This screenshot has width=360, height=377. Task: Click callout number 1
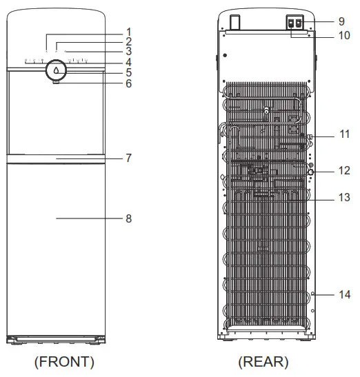tap(128, 31)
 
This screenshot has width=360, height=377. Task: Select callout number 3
tap(128, 52)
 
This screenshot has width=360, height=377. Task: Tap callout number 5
tap(128, 72)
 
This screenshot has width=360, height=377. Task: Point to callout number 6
tap(128, 83)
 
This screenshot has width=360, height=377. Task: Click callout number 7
tap(128, 158)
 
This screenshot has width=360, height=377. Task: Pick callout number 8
tap(128, 218)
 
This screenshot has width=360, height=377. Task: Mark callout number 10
tap(345, 34)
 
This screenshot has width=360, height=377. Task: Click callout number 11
tap(345, 134)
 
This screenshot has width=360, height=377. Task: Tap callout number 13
tap(345, 196)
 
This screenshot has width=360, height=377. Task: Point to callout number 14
tap(345, 294)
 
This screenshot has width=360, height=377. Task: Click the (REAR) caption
tap(263, 362)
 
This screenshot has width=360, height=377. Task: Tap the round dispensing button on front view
tap(57, 70)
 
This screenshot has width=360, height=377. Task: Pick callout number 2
tap(128, 41)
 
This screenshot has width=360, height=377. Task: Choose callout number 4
tap(128, 62)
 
